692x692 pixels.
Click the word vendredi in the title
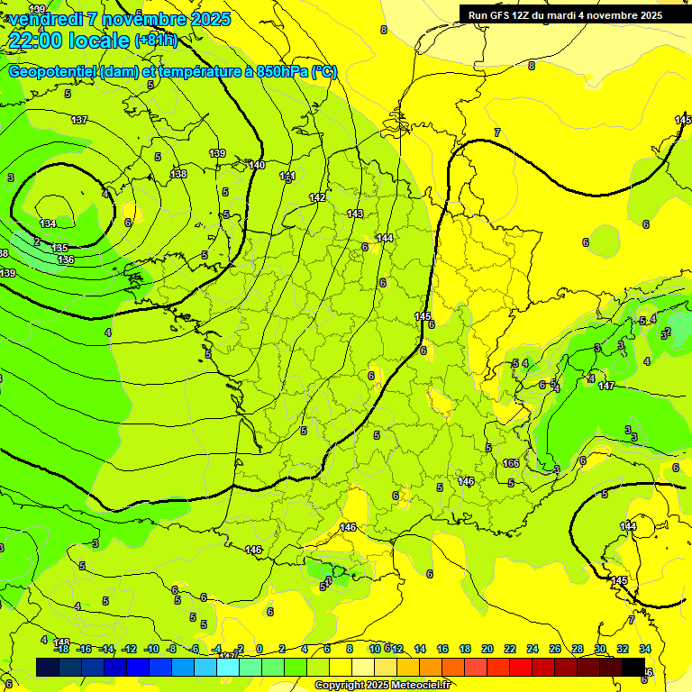tap(45, 19)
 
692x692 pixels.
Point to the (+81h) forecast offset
tap(156, 41)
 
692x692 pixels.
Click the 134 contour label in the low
tap(48, 223)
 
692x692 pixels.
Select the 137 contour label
tap(79, 120)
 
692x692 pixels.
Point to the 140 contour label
tap(257, 165)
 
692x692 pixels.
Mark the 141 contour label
tap(287, 176)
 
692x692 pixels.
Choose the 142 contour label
tap(317, 197)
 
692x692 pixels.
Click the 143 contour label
tap(355, 214)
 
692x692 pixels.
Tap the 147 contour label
tap(606, 386)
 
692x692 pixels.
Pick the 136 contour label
tap(66, 259)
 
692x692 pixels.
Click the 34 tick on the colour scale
tap(644, 649)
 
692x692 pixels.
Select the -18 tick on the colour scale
tap(61, 649)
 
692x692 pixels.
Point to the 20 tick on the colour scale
tap(487, 649)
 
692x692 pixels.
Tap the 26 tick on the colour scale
tap(554, 649)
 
